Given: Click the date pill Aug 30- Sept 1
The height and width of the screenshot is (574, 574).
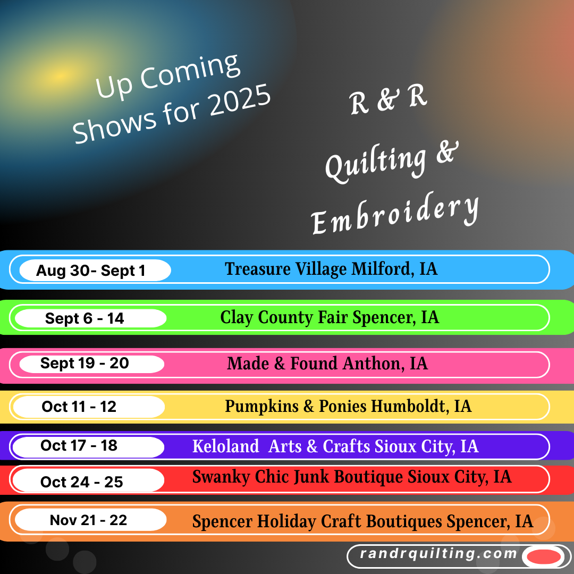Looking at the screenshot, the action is coord(95,271).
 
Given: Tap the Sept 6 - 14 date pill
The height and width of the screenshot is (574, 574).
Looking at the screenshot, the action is coord(90,318).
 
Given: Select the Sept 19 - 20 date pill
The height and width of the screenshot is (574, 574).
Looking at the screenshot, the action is coord(91,364).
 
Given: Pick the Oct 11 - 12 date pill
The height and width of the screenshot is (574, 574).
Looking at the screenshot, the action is coord(89,407).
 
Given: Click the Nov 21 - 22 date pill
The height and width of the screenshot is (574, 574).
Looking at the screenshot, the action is coord(91,519).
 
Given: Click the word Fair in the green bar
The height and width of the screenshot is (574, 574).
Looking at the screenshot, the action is coord(332,317).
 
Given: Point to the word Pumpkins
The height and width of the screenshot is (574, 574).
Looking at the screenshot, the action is coord(261,407).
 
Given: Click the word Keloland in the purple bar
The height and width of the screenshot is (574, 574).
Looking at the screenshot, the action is coord(225,446).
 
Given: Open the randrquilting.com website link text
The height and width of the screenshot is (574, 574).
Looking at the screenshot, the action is coord(438,553).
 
